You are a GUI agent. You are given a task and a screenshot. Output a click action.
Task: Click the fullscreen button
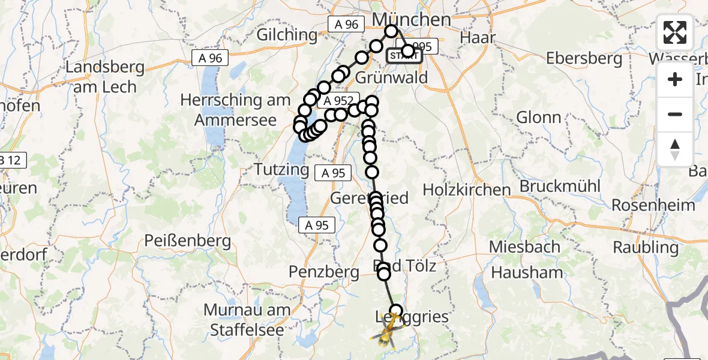(x=675, y=32)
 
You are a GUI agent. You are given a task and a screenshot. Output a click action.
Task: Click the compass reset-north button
(x=675, y=149)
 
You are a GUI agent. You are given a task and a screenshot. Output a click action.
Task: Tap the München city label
(x=412, y=19)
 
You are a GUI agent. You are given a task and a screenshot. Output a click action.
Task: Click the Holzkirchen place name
(x=467, y=190)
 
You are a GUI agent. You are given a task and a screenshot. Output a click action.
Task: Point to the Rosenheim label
(x=653, y=205)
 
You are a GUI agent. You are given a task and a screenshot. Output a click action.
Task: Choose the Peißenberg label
(x=188, y=241)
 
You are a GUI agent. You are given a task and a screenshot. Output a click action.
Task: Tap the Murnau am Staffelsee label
(x=247, y=319)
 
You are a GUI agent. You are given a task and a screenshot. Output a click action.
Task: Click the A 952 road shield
(x=340, y=103)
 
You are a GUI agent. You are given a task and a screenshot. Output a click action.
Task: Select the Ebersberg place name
(x=584, y=58)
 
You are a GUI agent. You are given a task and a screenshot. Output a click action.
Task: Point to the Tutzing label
(x=281, y=169)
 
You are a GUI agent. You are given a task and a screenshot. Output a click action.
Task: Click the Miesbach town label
(x=524, y=246)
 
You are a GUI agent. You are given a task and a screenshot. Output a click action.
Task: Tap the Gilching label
(x=287, y=35)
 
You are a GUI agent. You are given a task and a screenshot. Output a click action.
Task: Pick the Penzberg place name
(x=323, y=271)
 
